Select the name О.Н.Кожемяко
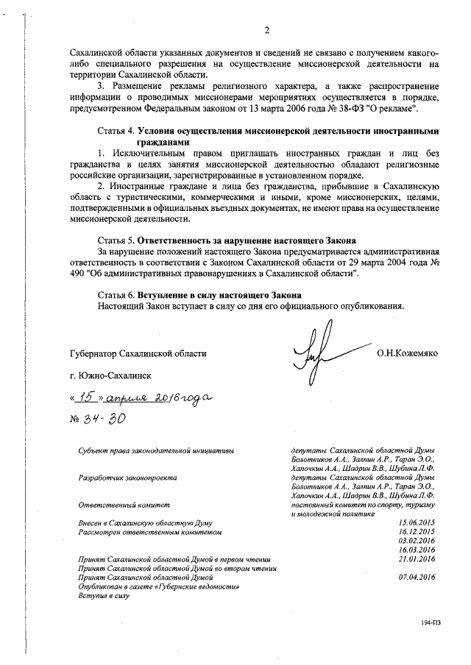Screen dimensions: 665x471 (407, 353)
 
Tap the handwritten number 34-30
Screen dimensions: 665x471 (102, 418)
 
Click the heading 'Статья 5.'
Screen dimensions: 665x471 (121, 241)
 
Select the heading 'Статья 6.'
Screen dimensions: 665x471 (121, 294)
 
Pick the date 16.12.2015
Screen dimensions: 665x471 (416, 530)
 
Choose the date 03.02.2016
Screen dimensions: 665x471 (416, 539)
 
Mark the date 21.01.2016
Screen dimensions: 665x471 (416, 558)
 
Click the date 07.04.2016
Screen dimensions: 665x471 (416, 577)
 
